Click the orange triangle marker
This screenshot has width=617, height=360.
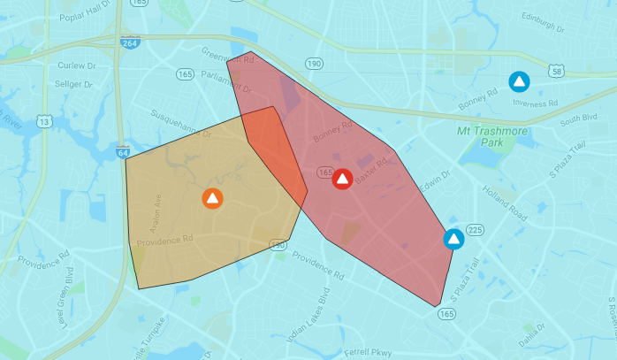click(212, 198)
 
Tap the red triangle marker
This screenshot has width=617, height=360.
click(342, 179)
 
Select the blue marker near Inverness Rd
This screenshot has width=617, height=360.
click(520, 82)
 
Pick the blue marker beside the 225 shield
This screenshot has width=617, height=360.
click(453, 239)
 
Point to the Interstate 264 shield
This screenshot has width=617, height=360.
click(130, 42)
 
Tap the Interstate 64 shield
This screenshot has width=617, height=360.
click(122, 152)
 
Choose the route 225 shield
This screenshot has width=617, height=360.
click(475, 230)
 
